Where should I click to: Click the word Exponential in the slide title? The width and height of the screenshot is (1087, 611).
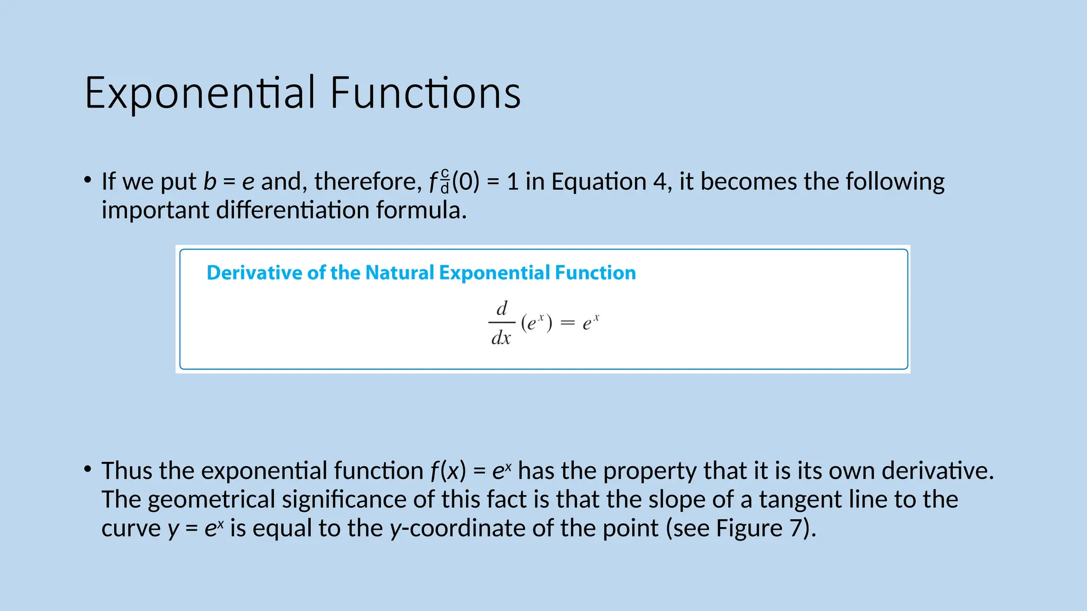(201, 93)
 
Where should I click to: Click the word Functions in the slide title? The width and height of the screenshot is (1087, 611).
(425, 93)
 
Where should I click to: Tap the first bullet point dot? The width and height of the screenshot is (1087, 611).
(88, 180)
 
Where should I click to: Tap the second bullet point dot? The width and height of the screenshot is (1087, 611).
(88, 469)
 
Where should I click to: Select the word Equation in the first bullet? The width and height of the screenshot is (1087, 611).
(599, 182)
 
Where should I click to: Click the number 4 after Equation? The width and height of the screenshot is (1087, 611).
(659, 182)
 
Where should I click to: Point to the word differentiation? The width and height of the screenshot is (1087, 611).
(292, 211)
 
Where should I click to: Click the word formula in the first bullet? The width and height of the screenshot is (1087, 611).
(421, 211)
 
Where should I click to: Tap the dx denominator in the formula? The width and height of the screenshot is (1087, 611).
(501, 338)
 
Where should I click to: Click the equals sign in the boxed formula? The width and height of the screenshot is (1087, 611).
(567, 323)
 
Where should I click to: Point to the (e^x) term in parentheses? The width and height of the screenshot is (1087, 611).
(536, 322)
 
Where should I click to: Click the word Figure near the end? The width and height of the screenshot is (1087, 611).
(749, 528)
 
